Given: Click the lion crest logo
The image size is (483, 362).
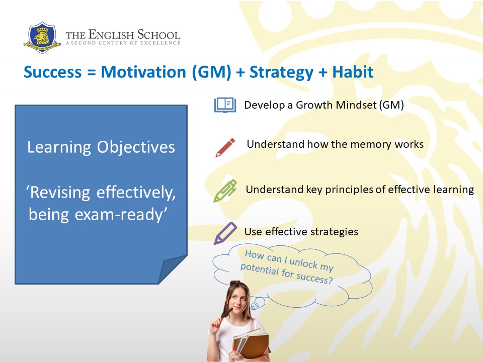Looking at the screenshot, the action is (x=42, y=37).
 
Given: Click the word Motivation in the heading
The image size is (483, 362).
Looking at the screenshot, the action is (x=143, y=72).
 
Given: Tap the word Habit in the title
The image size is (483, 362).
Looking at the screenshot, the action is (x=353, y=72).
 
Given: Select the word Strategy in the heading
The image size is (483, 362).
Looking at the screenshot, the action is (x=281, y=72).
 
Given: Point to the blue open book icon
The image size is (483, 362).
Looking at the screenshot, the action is (x=225, y=105).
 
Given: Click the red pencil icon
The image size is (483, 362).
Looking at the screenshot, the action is (x=225, y=148).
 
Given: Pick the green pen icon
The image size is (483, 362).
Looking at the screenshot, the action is (x=225, y=191).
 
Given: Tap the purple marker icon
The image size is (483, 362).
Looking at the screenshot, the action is (x=225, y=233).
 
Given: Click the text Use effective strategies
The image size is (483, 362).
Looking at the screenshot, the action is (x=301, y=231).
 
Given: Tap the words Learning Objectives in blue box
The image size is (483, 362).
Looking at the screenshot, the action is (x=101, y=147).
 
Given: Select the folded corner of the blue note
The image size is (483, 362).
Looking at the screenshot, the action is (x=173, y=269).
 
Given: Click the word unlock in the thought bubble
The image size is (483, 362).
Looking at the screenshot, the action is (x=303, y=263).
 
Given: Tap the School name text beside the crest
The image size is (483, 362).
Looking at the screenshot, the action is (x=123, y=37).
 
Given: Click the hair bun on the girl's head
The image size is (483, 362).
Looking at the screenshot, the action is (x=235, y=283).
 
